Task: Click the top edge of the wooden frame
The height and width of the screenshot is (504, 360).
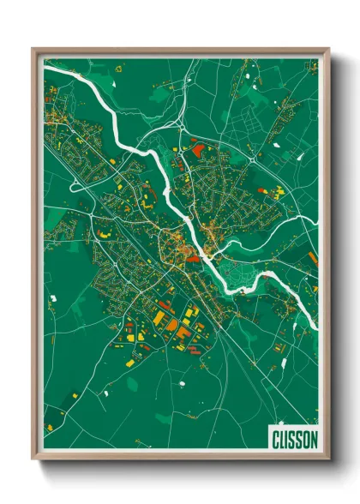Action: tap(180, 51)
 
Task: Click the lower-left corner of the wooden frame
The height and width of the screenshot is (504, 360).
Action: tap(36, 458)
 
